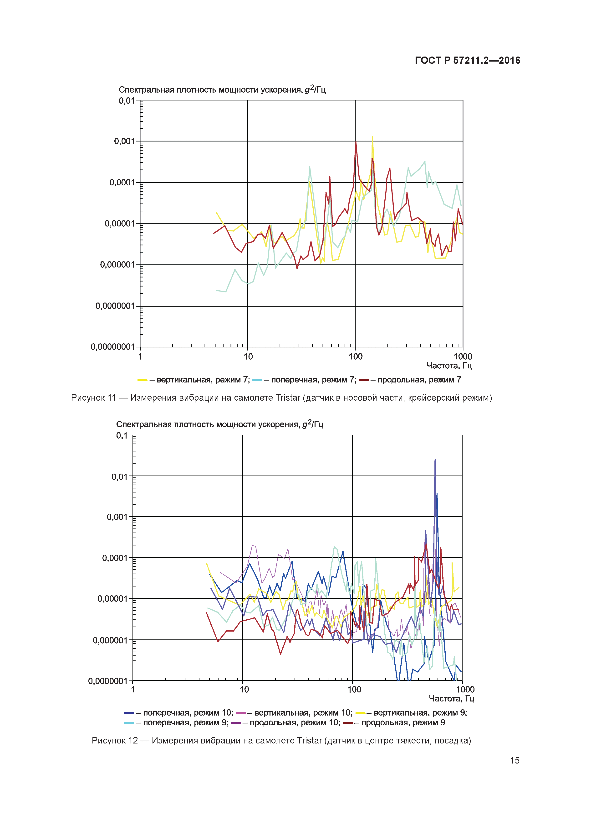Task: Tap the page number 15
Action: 514,760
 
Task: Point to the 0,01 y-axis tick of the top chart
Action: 127,101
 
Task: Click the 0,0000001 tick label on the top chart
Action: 115,306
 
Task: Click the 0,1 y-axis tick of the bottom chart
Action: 122,435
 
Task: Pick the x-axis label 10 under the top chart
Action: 248,356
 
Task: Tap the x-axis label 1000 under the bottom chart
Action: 465,689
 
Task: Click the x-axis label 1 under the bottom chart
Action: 133,689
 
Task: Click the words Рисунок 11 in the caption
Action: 93,398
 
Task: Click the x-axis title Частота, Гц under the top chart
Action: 449,366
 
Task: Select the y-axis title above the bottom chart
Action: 219,424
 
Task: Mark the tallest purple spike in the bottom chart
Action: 435,460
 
